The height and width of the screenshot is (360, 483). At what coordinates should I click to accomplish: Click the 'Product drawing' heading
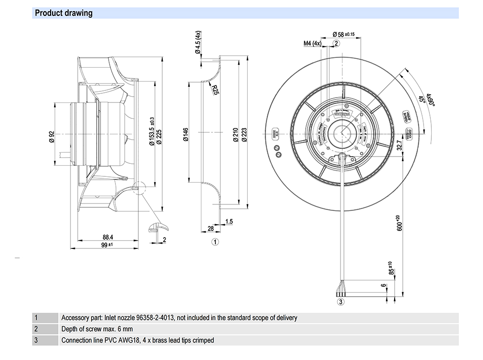[x=63, y=13]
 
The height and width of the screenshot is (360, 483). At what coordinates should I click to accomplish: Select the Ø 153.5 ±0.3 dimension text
[x=152, y=131]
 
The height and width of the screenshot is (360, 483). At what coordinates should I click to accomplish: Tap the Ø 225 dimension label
[x=159, y=137]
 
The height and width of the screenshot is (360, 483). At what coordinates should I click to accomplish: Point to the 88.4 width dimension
[x=108, y=238]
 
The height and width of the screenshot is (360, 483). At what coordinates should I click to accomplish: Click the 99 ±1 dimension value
[x=107, y=245]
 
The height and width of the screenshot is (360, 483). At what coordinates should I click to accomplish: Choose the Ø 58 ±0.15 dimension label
[x=344, y=34]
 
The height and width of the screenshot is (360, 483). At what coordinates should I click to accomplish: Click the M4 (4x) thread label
[x=312, y=43]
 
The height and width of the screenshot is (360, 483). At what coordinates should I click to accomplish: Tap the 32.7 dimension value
[x=399, y=144]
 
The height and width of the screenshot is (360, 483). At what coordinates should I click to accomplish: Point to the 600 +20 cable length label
[x=399, y=223]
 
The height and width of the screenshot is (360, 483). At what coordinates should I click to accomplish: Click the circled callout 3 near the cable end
[x=341, y=302]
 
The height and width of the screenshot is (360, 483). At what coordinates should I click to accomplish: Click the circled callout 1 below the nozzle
[x=215, y=241]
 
